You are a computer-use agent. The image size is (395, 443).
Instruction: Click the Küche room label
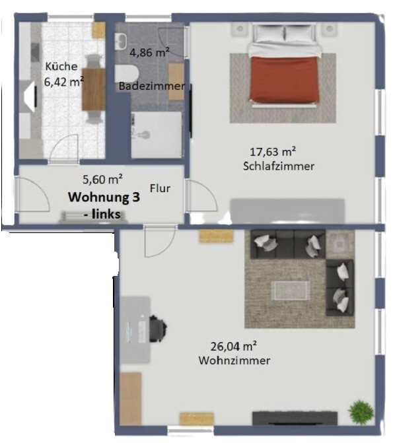point(61,66)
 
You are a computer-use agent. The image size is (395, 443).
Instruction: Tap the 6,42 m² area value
point(64,82)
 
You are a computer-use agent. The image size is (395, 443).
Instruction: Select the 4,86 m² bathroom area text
point(149,52)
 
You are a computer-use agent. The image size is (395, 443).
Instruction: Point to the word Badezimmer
point(152,86)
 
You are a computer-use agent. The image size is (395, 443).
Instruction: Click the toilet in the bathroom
point(127,74)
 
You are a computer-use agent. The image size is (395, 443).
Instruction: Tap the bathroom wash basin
point(122,42)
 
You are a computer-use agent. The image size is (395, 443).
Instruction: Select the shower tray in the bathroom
point(157,135)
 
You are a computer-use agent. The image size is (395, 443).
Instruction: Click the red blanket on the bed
point(284,80)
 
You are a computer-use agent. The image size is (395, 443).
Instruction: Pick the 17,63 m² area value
point(273,152)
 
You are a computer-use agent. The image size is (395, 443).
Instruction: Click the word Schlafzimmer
point(279,166)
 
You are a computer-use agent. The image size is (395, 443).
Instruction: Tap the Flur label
point(160,188)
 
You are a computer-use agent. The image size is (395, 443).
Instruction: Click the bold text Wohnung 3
point(104,197)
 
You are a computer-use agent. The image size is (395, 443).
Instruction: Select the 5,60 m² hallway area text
point(102,180)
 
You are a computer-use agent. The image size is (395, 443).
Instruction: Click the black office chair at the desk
point(157,329)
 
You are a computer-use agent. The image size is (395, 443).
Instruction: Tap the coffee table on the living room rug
point(291,290)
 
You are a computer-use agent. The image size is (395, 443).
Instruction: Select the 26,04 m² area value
point(234,347)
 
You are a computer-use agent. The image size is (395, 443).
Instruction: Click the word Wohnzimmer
point(234,360)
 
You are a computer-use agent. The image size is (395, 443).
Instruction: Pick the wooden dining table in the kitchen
point(94,89)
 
